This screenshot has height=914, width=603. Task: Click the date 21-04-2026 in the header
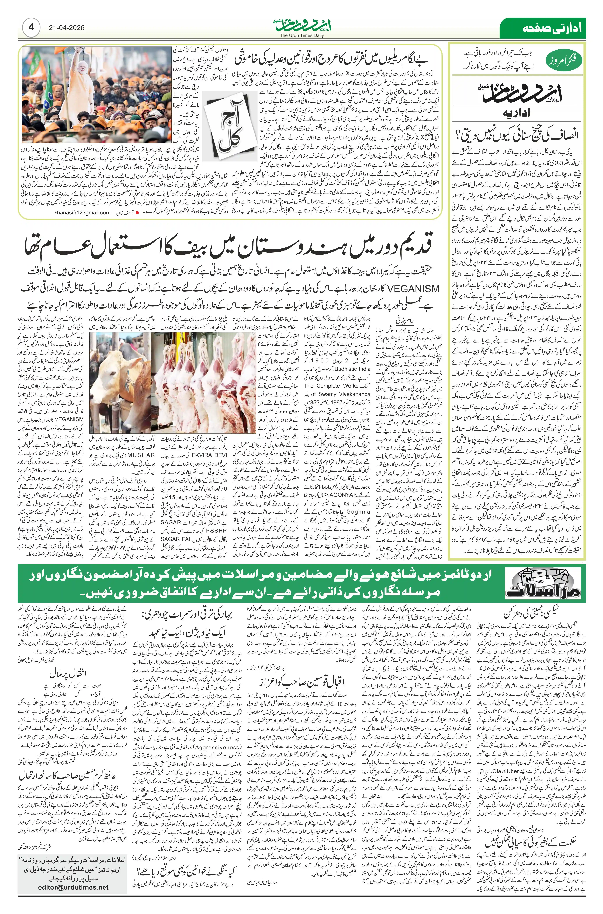coord(67,28)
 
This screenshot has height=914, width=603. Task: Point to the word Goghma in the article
coord(358,512)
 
